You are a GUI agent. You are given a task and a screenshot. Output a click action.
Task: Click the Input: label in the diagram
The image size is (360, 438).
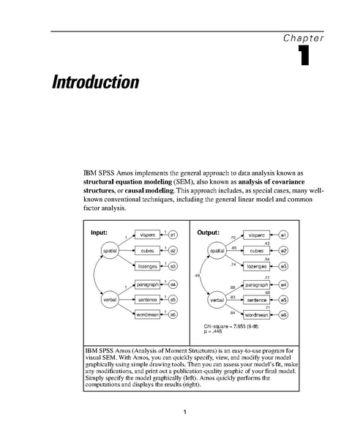coord(99,233)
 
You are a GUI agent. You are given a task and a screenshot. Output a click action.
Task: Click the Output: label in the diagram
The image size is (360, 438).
coord(209,233)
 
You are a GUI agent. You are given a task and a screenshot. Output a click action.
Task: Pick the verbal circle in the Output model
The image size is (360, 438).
coord(217,299)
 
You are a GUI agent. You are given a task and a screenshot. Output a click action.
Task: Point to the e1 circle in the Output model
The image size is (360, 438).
coord(283,235)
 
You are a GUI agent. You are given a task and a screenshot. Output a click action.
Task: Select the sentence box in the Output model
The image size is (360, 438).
coord(257,299)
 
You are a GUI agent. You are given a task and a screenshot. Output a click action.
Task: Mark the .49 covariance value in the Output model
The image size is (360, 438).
coord(198,275)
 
